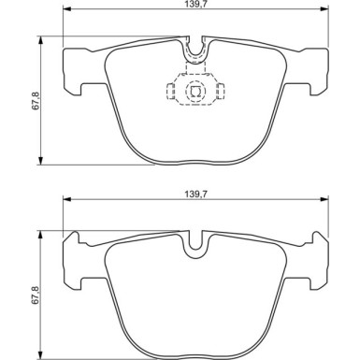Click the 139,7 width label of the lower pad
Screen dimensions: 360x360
tap(195, 194)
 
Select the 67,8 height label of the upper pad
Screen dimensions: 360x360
tap(36, 100)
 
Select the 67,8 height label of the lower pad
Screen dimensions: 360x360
tap(36, 295)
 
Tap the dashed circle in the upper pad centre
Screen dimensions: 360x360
tap(195, 91)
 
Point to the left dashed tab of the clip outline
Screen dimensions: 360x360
tap(170, 92)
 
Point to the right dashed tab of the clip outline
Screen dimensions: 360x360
tap(221, 92)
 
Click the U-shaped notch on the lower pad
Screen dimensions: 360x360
tap(195, 244)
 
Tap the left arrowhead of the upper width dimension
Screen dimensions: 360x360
tap(67, 9)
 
